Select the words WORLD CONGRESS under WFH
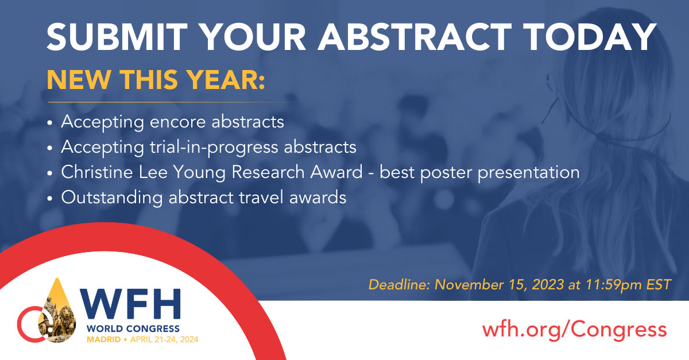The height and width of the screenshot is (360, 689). click(132, 329)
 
